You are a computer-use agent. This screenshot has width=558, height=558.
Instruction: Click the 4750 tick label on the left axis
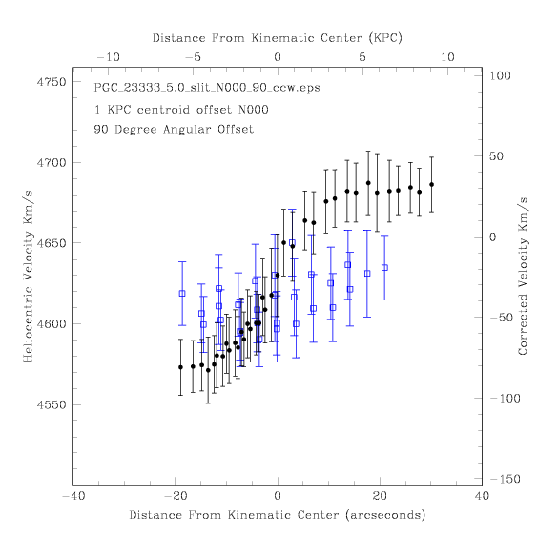coord(52,82)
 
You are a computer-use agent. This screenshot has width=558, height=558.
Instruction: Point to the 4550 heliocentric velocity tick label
coord(52,405)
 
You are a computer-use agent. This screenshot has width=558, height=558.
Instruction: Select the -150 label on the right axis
coord(506,479)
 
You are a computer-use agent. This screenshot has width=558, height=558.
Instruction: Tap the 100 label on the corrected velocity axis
coord(500,75)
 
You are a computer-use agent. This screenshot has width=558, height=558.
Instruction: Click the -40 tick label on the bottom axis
coord(73,496)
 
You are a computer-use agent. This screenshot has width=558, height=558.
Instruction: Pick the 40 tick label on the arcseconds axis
coord(483,496)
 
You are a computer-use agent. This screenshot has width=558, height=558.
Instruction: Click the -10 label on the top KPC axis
coord(108,57)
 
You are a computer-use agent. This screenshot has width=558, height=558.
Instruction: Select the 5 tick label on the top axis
coord(362,57)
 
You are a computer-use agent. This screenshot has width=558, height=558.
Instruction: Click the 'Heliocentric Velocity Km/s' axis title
coord(28,277)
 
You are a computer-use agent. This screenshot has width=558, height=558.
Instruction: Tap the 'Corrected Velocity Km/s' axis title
coord(523,277)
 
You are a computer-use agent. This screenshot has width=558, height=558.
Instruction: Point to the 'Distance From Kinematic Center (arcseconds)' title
coord(278,515)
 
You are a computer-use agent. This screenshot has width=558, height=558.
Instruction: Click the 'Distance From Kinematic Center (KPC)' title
coord(278,38)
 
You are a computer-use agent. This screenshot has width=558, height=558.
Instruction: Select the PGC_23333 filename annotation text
coord(207,88)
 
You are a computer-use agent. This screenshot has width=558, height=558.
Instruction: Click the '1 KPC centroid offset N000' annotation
coord(181,110)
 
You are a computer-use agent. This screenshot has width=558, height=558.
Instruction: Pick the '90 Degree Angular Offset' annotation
coord(174,129)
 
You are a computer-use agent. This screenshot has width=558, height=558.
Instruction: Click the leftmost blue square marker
coord(182,294)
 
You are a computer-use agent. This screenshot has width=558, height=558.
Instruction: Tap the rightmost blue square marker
coord(384,268)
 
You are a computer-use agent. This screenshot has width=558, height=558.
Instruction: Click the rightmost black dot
coord(432,185)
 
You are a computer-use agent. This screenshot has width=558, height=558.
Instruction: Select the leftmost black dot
coord(180,367)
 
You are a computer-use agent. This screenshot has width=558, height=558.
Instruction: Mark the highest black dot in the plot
coord(368,183)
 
